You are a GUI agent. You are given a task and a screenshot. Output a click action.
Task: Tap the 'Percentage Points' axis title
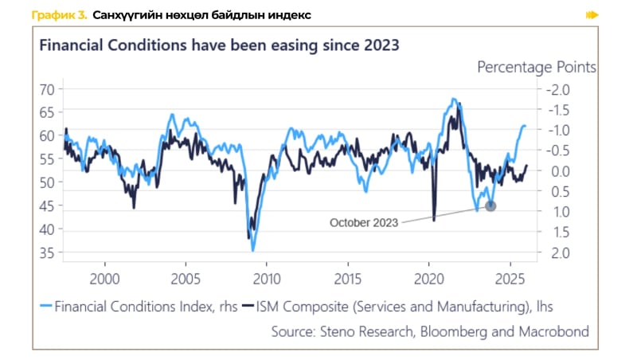(x=536, y=67)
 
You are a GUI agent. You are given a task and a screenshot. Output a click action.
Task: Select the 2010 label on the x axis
(x=267, y=280)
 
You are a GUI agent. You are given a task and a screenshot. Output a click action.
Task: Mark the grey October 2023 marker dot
(x=490, y=205)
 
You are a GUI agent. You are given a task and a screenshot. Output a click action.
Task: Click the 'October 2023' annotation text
(x=364, y=223)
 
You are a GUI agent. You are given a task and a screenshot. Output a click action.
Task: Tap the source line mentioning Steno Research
(x=430, y=331)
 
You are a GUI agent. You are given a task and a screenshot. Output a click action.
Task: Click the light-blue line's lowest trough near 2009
(x=253, y=250)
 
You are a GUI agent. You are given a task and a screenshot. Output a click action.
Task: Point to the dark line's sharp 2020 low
(x=434, y=220)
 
